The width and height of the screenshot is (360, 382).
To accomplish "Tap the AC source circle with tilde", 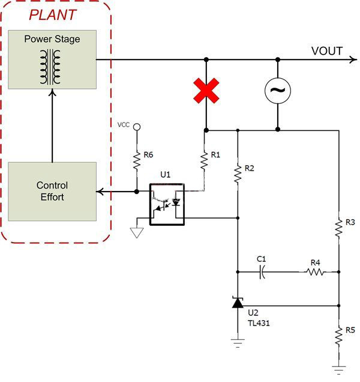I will tap(278, 90).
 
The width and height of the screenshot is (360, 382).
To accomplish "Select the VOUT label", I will tap(326, 50).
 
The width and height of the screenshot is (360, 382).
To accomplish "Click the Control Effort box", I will tap(52, 192).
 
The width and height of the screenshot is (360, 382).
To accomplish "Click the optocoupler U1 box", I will tap(168, 204).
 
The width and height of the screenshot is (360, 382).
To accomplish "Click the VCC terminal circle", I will tap(137, 127).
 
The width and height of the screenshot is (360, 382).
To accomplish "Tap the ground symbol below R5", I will tap(338, 368).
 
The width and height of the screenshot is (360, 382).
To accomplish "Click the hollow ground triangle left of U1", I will tap(137, 231).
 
